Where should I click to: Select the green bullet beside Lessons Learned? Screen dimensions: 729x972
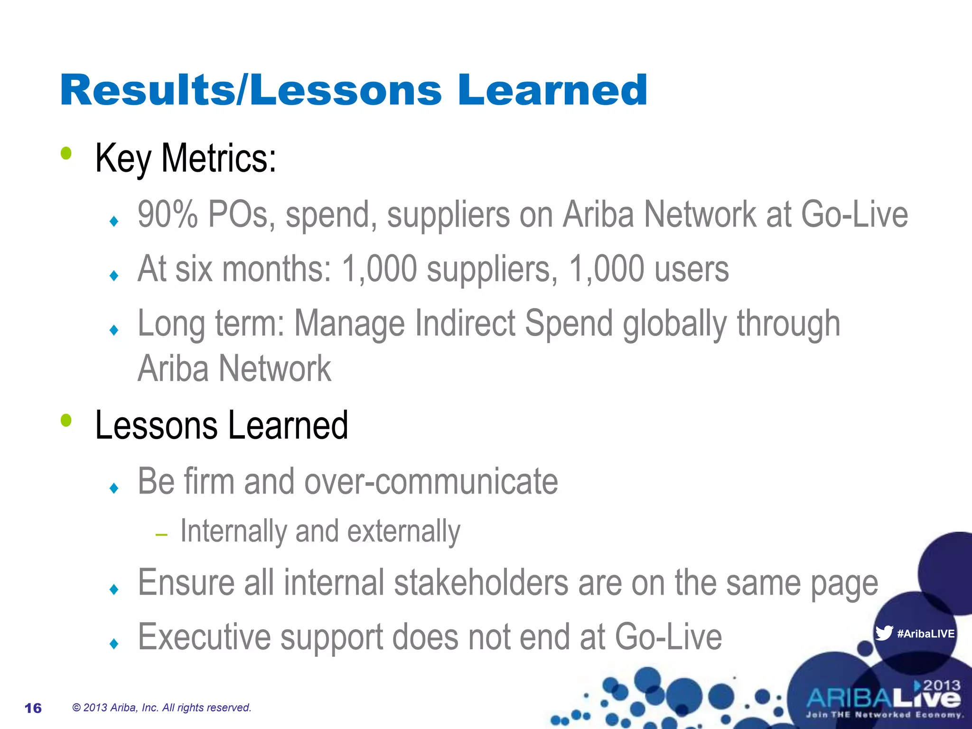pyautogui.click(x=66, y=420)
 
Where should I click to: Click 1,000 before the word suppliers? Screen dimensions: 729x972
pyautogui.click(x=379, y=269)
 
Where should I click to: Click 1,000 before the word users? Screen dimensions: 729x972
pyautogui.click(x=606, y=269)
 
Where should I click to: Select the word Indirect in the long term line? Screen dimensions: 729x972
pyautogui.click(x=465, y=324)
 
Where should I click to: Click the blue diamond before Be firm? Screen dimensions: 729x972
pyautogui.click(x=113, y=488)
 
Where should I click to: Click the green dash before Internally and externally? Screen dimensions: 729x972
pyautogui.click(x=161, y=535)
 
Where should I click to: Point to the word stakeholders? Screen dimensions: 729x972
pyautogui.click(x=481, y=583)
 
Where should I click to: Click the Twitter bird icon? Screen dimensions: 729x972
pyautogui.click(x=884, y=633)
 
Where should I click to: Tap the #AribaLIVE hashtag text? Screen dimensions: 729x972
pyautogui.click(x=925, y=634)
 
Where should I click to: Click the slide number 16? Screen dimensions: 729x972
pyautogui.click(x=33, y=708)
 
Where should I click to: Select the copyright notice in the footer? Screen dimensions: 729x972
pyautogui.click(x=161, y=708)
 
